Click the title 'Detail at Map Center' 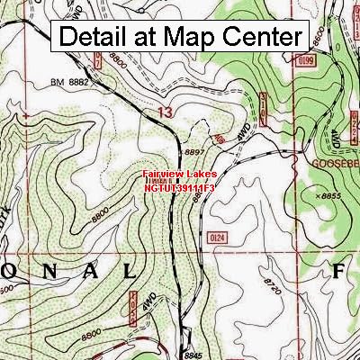click(180, 37)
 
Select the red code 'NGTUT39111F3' click(179, 188)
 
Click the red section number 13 click(163, 112)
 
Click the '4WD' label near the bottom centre click(151, 301)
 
